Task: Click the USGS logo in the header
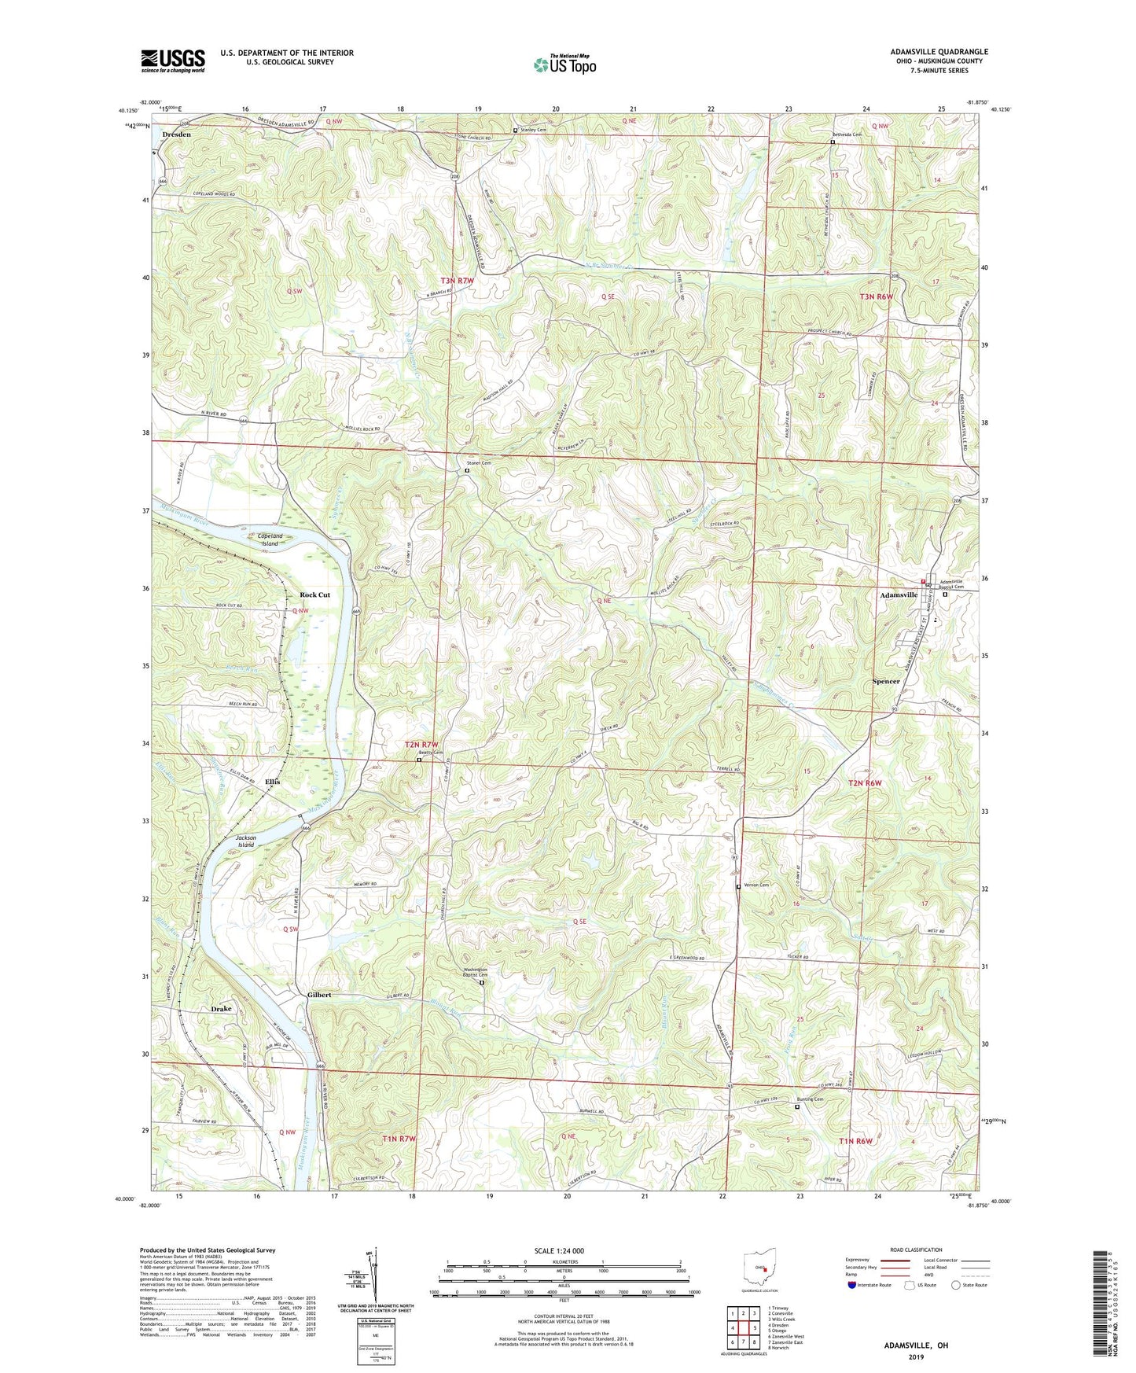coord(173,61)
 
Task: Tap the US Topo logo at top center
coord(564,65)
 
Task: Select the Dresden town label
coord(176,134)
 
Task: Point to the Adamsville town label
coord(898,595)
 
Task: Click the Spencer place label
coord(886,681)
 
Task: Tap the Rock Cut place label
coord(314,594)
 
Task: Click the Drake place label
coord(221,1008)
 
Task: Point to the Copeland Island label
coord(270,539)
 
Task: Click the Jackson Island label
coord(245,841)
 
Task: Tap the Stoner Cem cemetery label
coord(478,463)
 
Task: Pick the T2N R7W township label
coord(421,744)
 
